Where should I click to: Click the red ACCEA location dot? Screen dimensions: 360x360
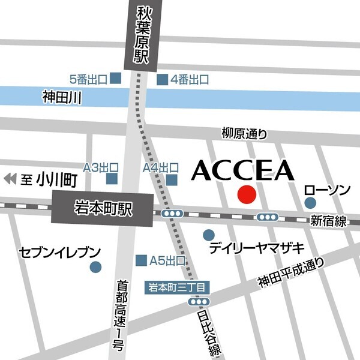click(247, 195)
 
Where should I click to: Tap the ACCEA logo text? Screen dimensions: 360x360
click(243, 170)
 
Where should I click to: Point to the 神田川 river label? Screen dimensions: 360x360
click(62, 96)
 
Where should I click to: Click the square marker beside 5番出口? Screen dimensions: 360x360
click(116, 79)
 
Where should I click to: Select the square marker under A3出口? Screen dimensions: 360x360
click(112, 179)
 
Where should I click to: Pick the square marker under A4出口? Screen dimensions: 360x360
click(172, 179)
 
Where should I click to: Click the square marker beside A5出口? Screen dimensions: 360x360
click(142, 260)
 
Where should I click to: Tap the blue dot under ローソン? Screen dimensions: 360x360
click(310, 204)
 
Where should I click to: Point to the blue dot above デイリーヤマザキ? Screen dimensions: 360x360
click(208, 235)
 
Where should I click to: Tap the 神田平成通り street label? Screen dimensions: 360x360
click(291, 272)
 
